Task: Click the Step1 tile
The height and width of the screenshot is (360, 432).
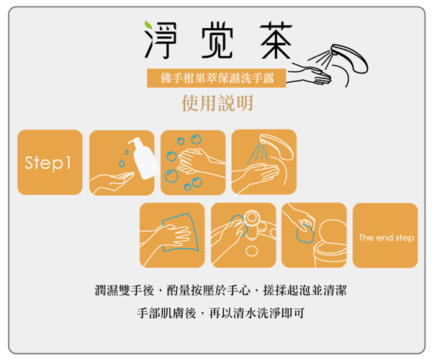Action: (50, 162)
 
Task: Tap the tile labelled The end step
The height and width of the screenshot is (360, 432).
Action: (385, 235)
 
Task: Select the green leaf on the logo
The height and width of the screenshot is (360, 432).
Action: (148, 24)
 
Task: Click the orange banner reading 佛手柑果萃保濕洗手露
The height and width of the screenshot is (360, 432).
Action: (217, 78)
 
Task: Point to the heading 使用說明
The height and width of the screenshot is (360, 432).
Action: (217, 103)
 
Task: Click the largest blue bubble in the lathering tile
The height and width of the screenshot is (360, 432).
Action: (171, 176)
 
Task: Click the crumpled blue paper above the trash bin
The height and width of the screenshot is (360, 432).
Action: (305, 232)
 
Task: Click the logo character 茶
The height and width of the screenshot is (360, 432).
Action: (276, 40)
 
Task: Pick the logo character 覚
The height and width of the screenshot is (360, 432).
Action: (217, 40)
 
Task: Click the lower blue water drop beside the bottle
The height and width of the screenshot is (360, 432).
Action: (122, 163)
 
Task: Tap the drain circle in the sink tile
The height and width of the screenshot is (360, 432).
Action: (251, 251)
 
